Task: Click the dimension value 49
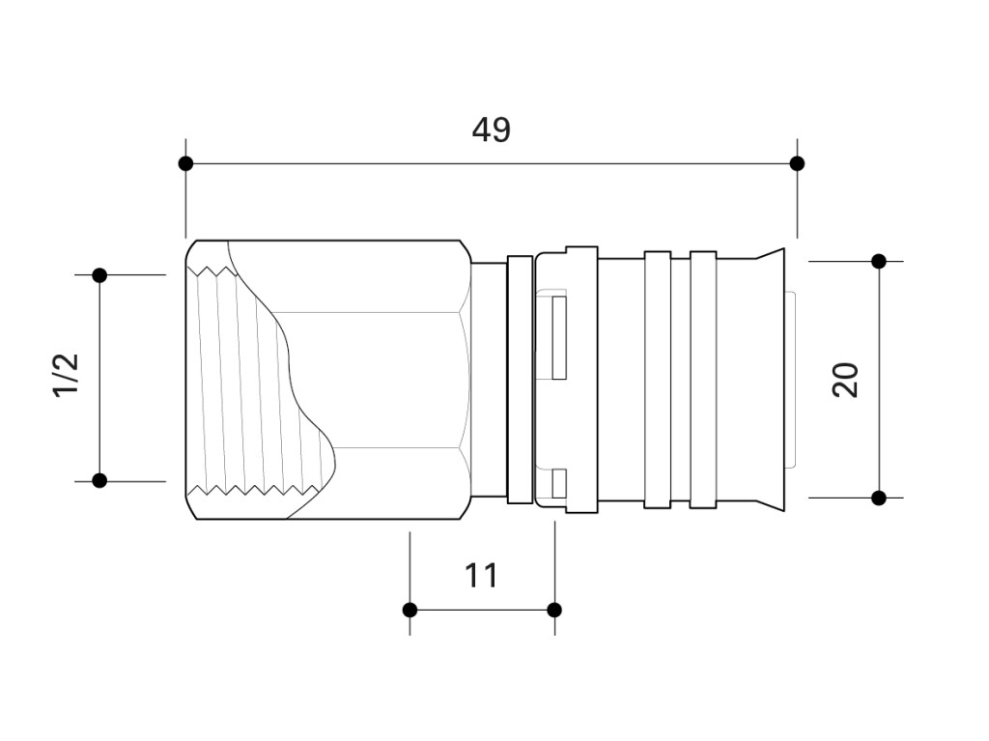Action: [x=492, y=130]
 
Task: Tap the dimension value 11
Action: [x=481, y=576]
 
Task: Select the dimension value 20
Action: [x=846, y=380]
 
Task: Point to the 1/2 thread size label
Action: [x=67, y=374]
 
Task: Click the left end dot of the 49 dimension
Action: [x=185, y=163]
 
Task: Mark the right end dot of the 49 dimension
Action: [x=797, y=163]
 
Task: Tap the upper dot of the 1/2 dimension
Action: [x=99, y=275]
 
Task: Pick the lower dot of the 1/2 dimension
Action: [x=99, y=481]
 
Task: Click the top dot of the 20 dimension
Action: [x=879, y=261]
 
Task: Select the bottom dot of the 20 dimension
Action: [x=879, y=498]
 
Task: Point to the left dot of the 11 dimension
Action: [x=410, y=610]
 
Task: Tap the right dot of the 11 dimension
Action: [x=554, y=610]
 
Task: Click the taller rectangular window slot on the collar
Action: [x=559, y=338]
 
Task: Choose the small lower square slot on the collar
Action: [x=559, y=483]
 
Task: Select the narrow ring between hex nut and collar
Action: [x=520, y=380]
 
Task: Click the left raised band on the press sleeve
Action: [x=657, y=380]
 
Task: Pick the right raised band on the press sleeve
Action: [x=703, y=380]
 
